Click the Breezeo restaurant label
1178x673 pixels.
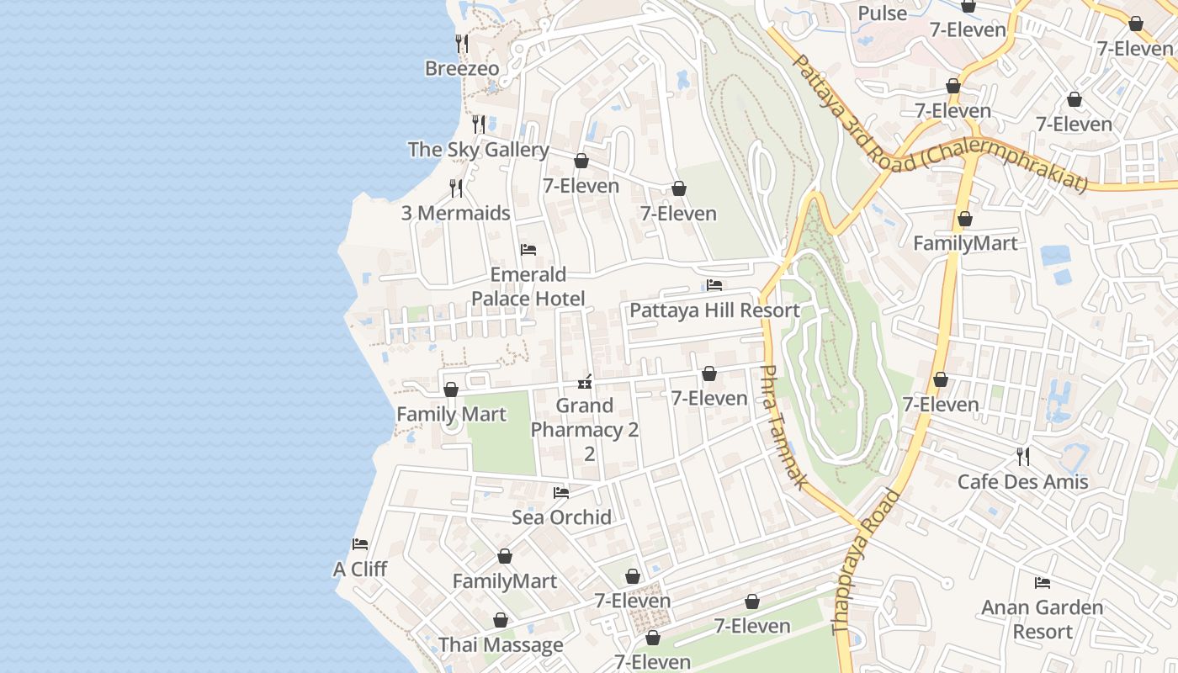point(462,69)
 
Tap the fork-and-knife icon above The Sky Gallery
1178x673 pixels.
point(478,125)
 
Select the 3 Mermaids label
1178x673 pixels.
point(455,214)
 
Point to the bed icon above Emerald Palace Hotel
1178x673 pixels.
point(528,250)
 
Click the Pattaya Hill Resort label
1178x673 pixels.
point(714,310)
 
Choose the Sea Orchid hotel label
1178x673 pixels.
point(561,517)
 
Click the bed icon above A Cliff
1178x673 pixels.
point(360,544)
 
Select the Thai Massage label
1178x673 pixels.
point(501,646)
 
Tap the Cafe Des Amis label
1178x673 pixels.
point(1022,482)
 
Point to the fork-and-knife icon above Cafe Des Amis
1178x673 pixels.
point(1022,457)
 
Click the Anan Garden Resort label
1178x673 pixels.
point(1042,619)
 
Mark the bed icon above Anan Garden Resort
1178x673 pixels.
point(1043,582)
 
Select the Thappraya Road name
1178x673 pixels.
point(866,561)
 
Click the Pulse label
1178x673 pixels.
point(882,13)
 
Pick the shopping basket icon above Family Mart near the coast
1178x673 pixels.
point(451,389)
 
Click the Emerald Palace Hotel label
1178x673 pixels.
point(528,287)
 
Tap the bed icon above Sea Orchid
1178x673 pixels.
point(561,492)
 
